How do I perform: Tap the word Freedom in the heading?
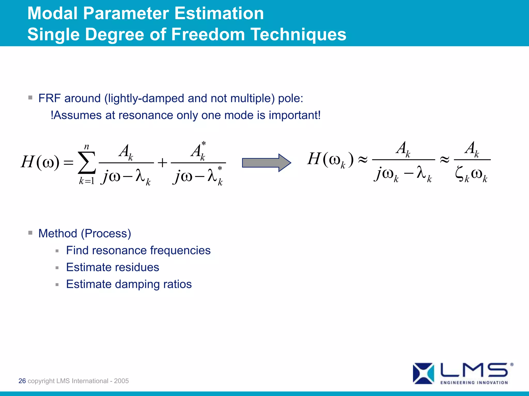point(208,35)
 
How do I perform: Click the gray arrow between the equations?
point(266,163)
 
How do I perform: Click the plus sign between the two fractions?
point(162,163)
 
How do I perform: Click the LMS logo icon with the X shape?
point(423,373)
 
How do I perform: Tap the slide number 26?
point(22,381)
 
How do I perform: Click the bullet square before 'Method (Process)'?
point(30,233)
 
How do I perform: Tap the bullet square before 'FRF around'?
point(30,98)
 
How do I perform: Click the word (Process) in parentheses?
point(106,234)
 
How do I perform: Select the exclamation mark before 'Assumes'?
point(52,115)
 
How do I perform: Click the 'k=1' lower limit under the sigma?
point(87,181)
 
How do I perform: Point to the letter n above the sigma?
point(87,147)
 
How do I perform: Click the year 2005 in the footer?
point(121,381)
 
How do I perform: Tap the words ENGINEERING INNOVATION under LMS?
point(474,383)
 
